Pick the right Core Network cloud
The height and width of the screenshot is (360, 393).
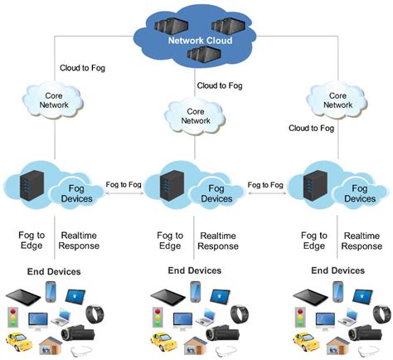point(337,100)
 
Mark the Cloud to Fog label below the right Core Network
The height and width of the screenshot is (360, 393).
point(310,128)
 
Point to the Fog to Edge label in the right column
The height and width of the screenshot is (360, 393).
point(313,241)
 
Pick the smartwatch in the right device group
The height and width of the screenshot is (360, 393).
point(382,315)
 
